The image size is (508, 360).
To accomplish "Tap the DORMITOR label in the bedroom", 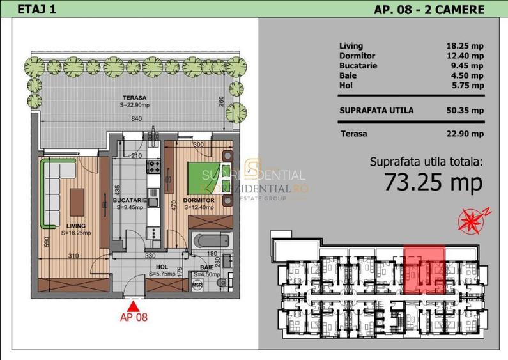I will tap(198, 200).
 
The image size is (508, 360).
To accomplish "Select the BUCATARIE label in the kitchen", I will tap(130, 200).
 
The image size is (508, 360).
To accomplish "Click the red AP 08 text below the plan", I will tap(134, 317).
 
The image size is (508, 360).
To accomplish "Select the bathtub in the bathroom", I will tap(208, 244).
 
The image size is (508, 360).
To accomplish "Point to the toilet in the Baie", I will tap(220, 281).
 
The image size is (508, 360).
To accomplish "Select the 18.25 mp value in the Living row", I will tap(465, 46).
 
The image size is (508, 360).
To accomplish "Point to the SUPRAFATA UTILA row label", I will tap(376, 110).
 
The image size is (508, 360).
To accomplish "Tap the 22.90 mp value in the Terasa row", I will tap(465, 134).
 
